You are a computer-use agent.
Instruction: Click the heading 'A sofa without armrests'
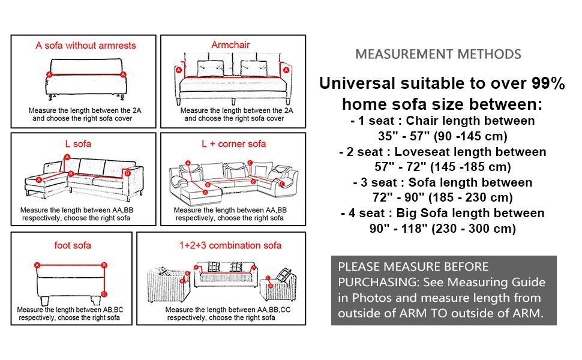coord(86,46)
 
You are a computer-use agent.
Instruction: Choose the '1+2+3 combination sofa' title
coord(230,245)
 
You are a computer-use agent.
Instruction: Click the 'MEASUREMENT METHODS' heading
coord(438,54)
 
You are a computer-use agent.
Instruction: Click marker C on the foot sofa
coord(104,293)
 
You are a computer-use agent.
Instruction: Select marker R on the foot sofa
coord(104,265)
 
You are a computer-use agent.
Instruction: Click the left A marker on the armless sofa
coord(49,74)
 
